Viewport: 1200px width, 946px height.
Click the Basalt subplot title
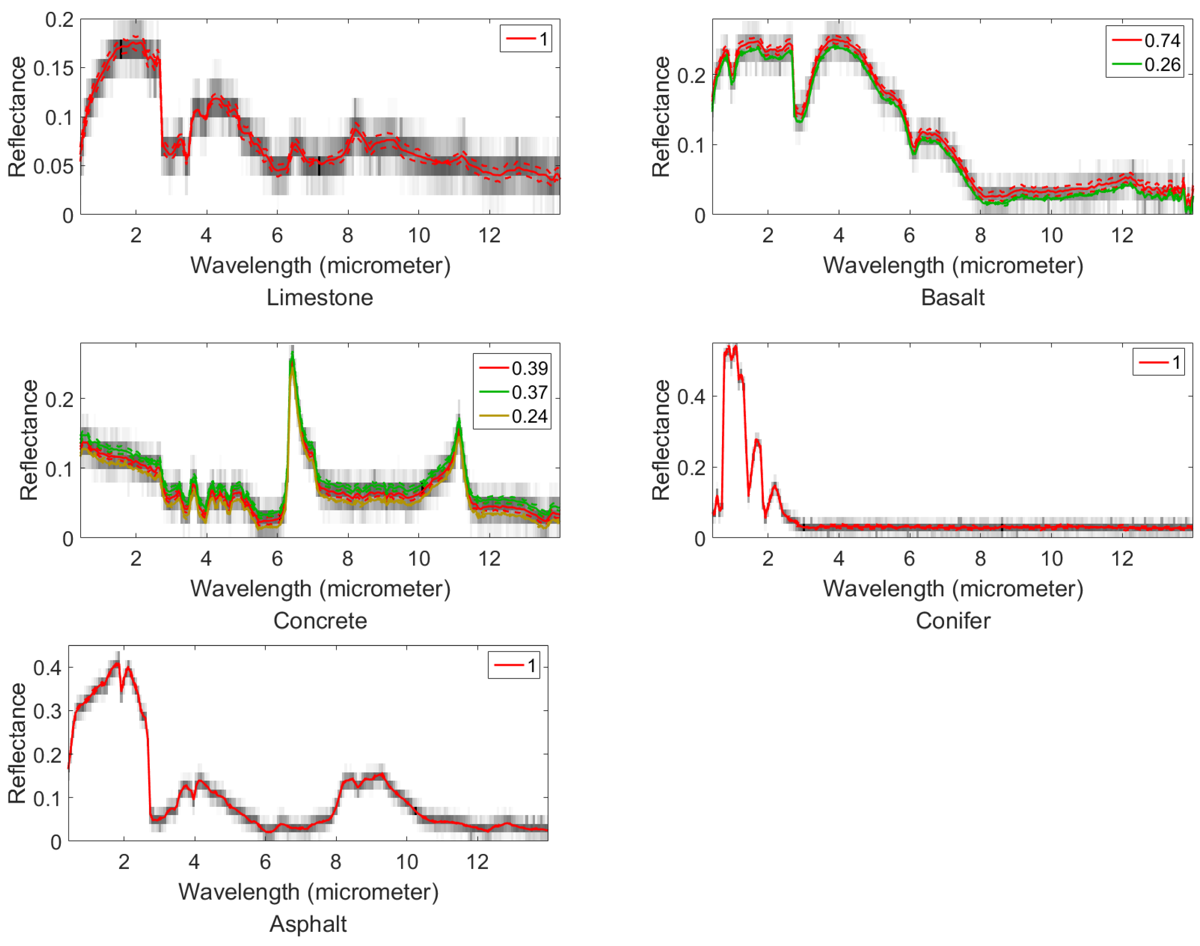[952, 297]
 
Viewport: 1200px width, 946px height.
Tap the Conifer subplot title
[952, 621]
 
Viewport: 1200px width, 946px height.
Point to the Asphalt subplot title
[308, 924]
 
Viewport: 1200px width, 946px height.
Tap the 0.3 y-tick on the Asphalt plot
[47, 711]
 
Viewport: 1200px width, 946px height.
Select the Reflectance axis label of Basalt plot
[661, 116]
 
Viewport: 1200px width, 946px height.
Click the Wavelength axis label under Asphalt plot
[308, 892]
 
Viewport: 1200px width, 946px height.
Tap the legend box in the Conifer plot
[1158, 362]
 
